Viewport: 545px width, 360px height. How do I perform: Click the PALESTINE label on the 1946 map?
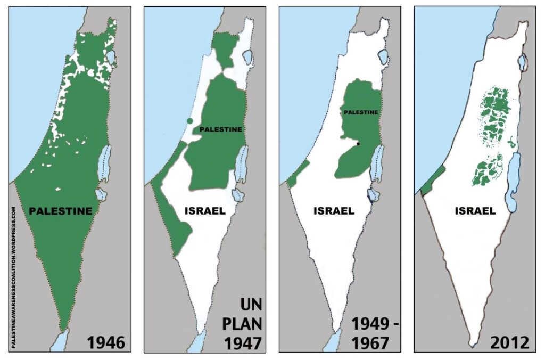pos(60,211)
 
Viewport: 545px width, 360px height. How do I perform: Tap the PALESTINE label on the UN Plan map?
pos(220,129)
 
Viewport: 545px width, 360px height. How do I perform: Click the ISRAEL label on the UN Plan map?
pos(205,210)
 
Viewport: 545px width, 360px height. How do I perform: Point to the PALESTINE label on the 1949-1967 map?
pos(361,112)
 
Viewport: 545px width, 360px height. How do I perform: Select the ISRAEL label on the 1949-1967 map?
pos(334,210)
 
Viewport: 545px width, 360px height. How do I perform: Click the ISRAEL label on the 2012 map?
pos(475,211)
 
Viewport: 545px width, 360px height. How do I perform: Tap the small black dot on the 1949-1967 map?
pos(359,144)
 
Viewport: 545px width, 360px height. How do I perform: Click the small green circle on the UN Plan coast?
pos(190,121)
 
